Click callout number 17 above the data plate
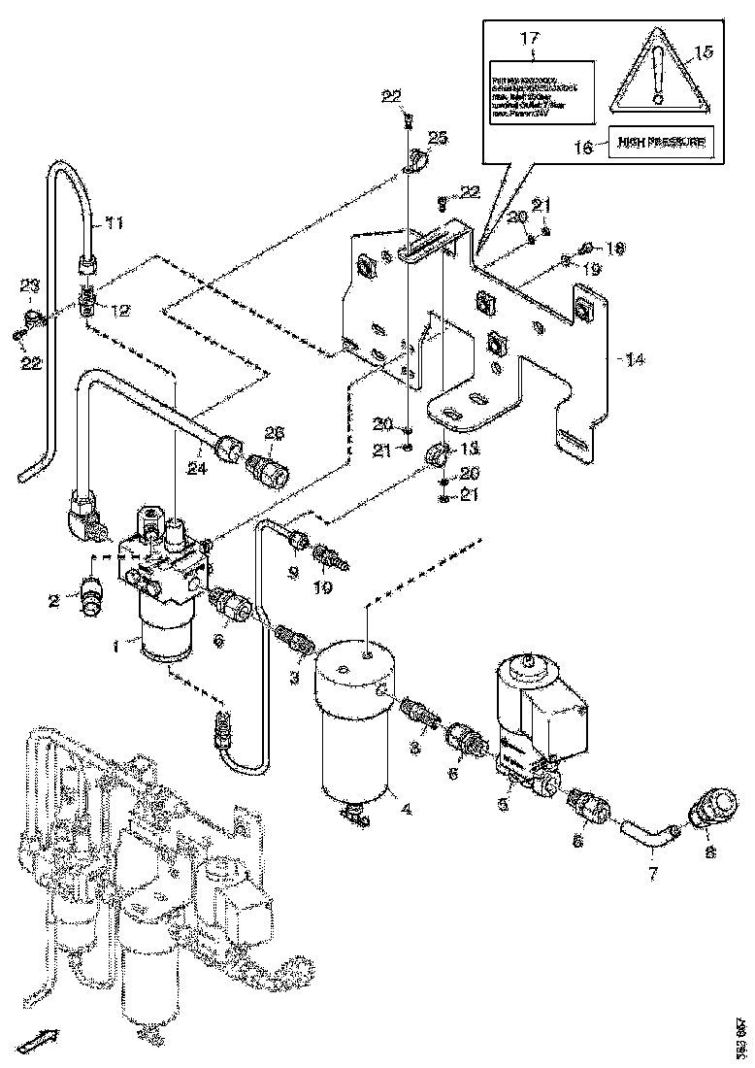pos(529,39)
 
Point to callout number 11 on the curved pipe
pos(115,224)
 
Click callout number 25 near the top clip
pos(439,139)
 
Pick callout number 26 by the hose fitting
pos(275,433)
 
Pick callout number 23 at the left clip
pos(30,286)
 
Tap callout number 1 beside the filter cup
pos(117,644)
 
